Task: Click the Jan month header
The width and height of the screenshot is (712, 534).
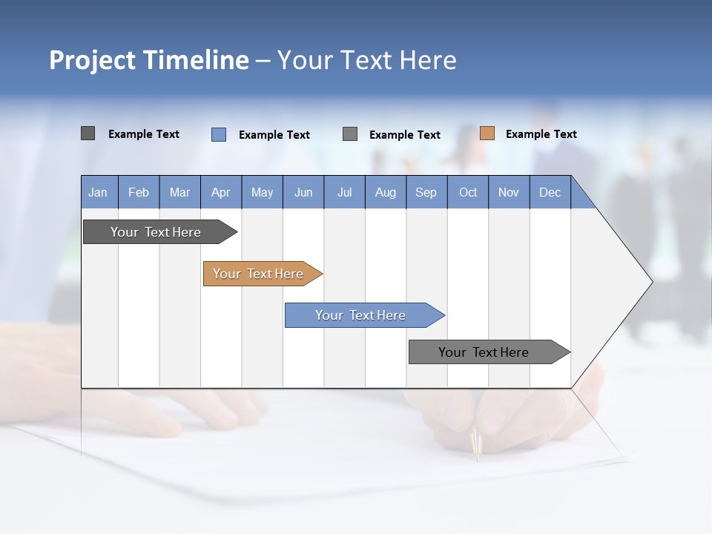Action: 98,192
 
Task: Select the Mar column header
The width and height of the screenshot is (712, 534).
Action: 179,192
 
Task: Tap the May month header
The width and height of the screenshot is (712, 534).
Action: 262,192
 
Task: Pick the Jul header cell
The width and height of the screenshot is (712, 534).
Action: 344,192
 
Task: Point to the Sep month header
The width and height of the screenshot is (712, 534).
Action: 426,192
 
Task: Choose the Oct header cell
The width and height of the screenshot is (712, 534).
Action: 468,192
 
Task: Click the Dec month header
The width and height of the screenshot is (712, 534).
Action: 550,192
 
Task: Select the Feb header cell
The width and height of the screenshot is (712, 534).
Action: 139,192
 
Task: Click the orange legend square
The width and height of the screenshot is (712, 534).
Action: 487,133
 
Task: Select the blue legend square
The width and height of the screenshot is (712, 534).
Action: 219,134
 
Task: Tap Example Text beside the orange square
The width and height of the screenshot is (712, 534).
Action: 541,133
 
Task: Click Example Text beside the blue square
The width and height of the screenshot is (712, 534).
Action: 274,134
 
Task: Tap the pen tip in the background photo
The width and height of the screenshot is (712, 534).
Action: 478,452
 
